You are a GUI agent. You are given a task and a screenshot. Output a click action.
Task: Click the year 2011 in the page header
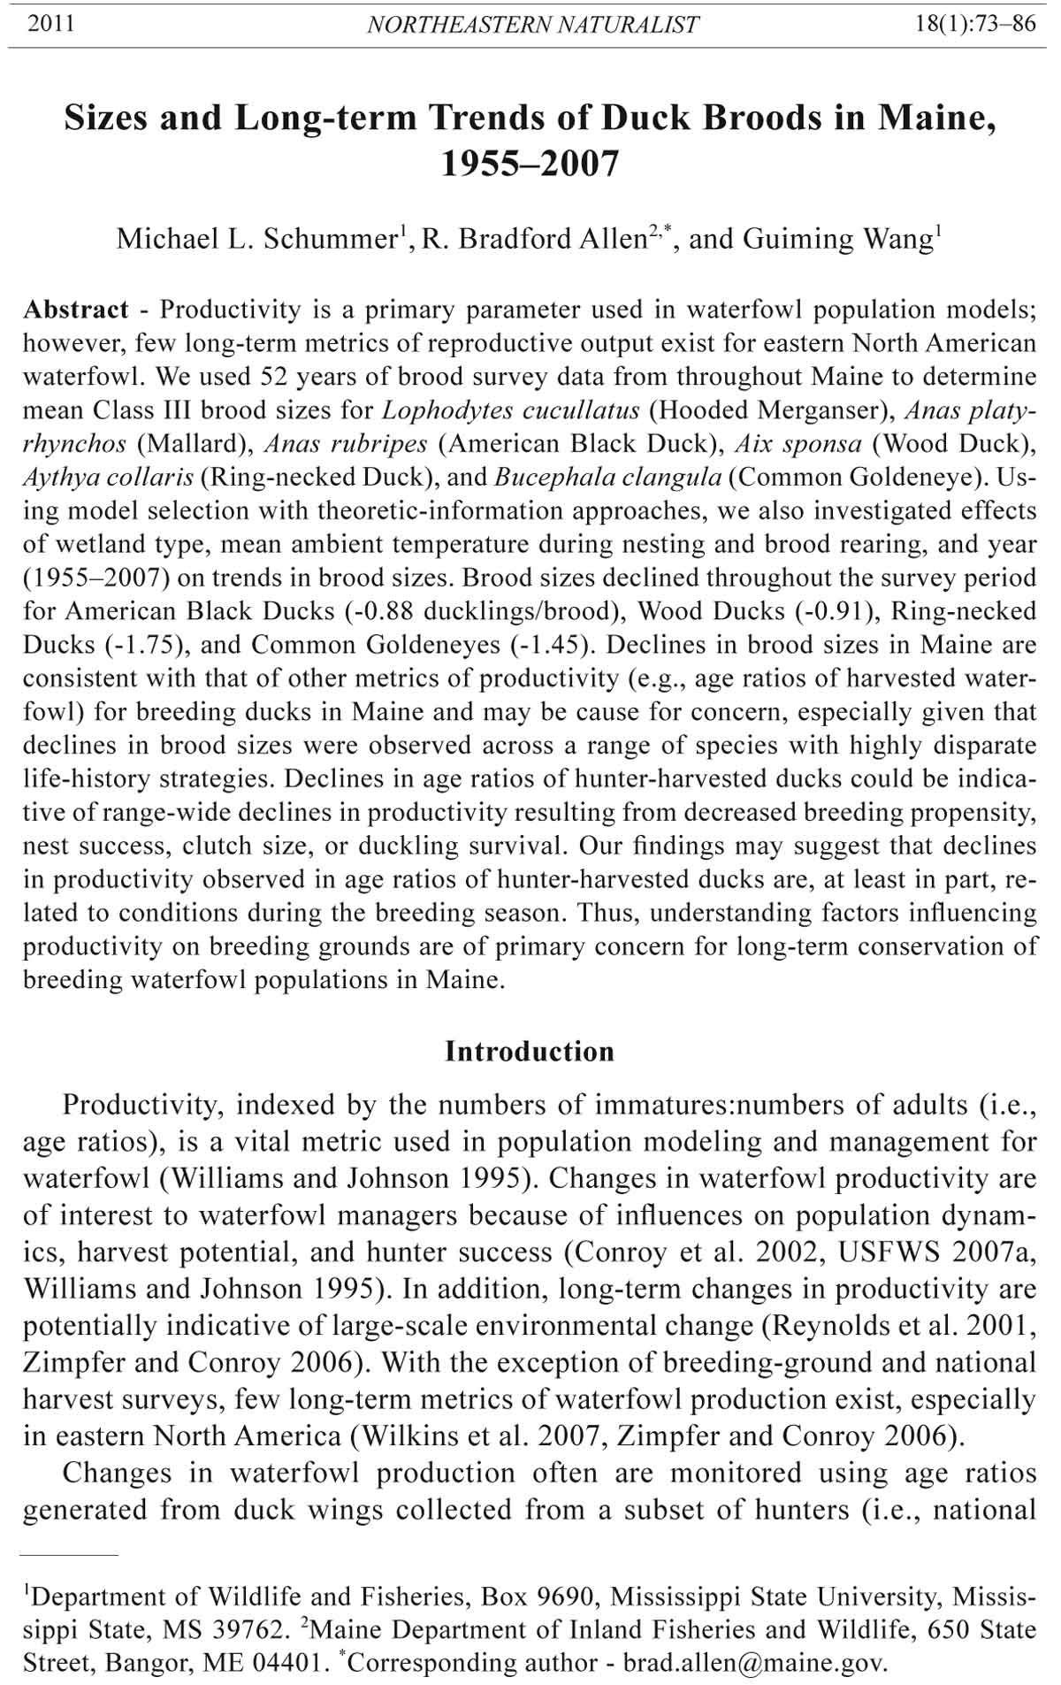click(50, 24)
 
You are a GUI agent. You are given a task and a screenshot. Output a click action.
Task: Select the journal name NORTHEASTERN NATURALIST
click(532, 25)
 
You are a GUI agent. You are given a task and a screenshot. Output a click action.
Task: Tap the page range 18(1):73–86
click(976, 24)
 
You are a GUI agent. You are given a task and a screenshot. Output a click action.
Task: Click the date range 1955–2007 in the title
click(530, 164)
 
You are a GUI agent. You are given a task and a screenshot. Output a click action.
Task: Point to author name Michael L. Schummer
click(257, 239)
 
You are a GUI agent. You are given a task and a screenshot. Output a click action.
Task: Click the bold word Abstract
click(76, 310)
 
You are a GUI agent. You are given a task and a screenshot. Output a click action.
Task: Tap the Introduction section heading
click(530, 1051)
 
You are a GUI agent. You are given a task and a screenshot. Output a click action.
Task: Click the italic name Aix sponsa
click(798, 444)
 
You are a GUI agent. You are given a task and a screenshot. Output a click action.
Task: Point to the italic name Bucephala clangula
click(608, 478)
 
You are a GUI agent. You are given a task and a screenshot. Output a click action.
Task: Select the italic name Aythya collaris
click(108, 478)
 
